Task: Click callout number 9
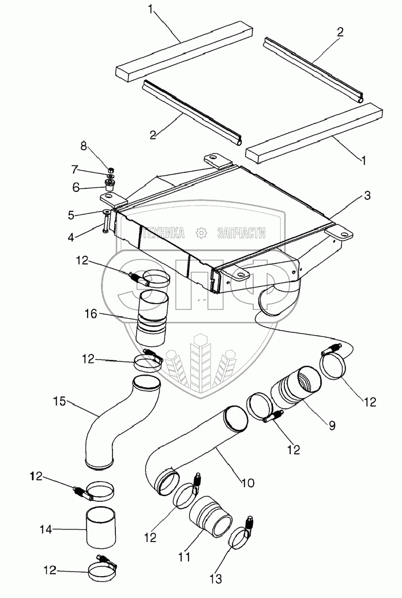(332, 426)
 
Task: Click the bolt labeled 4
(107, 222)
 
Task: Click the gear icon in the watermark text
(201, 232)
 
